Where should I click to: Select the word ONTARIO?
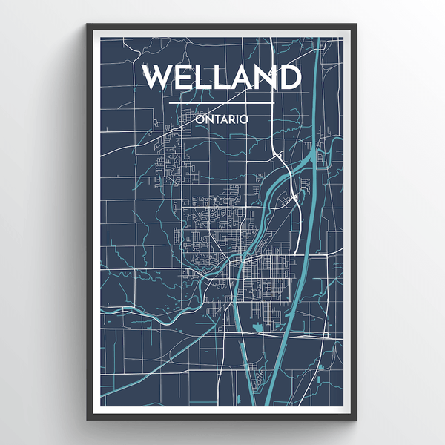(x=222, y=118)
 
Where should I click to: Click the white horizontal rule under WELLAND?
(x=222, y=102)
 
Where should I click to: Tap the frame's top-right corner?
(x=356, y=25)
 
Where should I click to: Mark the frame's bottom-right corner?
(x=356, y=420)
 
